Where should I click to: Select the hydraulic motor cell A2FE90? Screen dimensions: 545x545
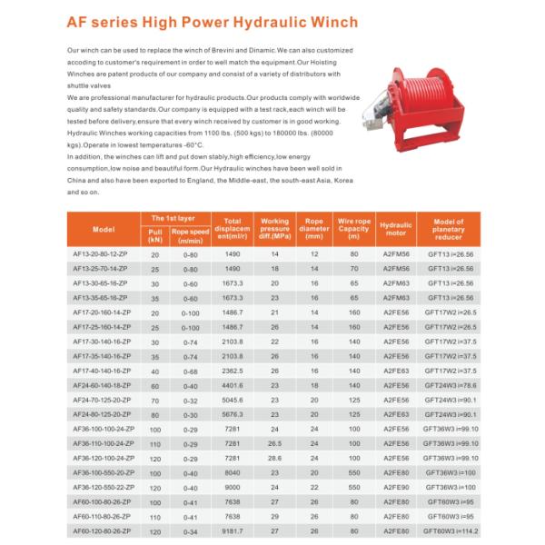[395, 486]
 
